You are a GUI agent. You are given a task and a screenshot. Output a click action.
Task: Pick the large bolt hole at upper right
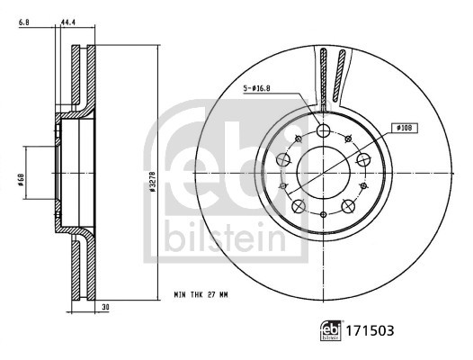coord(363,159)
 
